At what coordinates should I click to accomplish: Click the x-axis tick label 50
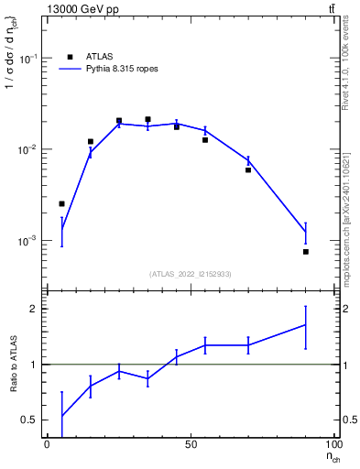(191, 444)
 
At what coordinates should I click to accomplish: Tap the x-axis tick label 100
(333, 444)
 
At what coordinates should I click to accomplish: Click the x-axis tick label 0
(47, 444)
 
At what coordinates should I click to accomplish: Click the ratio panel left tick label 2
(35, 310)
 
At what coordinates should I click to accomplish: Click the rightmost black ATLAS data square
(306, 251)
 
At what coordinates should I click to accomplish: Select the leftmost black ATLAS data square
(61, 203)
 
